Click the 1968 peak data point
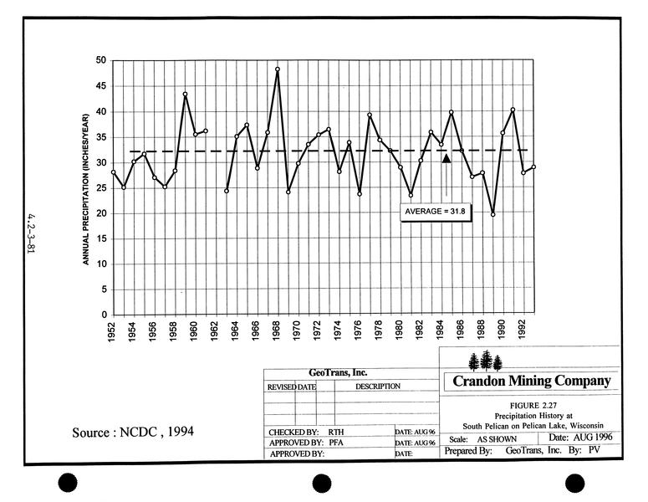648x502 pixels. point(277,69)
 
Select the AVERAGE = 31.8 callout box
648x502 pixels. point(434,212)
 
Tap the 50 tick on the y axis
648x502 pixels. point(101,60)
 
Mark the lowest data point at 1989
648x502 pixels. point(492,214)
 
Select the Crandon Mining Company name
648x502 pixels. point(531,382)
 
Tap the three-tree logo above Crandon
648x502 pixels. point(486,361)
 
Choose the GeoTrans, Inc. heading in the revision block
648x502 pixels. point(338,373)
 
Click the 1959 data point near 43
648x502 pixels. point(185,95)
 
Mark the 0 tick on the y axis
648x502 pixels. point(104,315)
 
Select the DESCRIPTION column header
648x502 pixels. point(377,387)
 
